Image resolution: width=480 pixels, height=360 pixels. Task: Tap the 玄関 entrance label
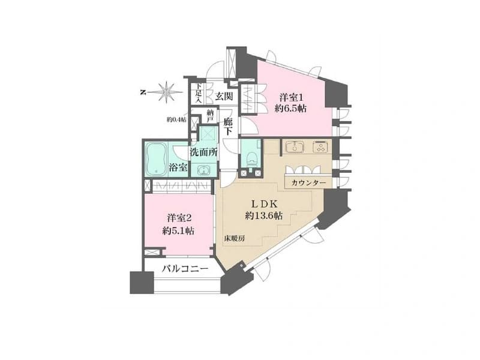pos(223,97)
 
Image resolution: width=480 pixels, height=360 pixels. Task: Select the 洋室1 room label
pos(291,98)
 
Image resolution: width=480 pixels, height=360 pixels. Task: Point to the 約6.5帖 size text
pos(290,109)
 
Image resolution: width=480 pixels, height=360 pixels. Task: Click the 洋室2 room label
pos(179,218)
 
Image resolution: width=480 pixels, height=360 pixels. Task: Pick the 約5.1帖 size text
pos(178,230)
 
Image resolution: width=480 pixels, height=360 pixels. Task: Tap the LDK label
pos(265,203)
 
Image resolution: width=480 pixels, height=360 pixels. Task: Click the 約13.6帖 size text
pos(263,216)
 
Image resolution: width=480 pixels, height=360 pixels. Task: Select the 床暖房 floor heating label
pos(234,239)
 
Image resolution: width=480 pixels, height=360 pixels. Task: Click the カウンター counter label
pos(308,183)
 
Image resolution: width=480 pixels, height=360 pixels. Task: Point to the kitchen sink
pos(295,146)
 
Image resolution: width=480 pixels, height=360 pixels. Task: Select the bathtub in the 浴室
pos(157,160)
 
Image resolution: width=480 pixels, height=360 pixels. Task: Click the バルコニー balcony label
pos(185,269)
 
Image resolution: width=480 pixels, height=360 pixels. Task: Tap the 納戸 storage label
pos(211,116)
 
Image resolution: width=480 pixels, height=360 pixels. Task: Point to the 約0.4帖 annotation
pos(176,120)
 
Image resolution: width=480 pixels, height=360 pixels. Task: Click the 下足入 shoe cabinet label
pos(198,93)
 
